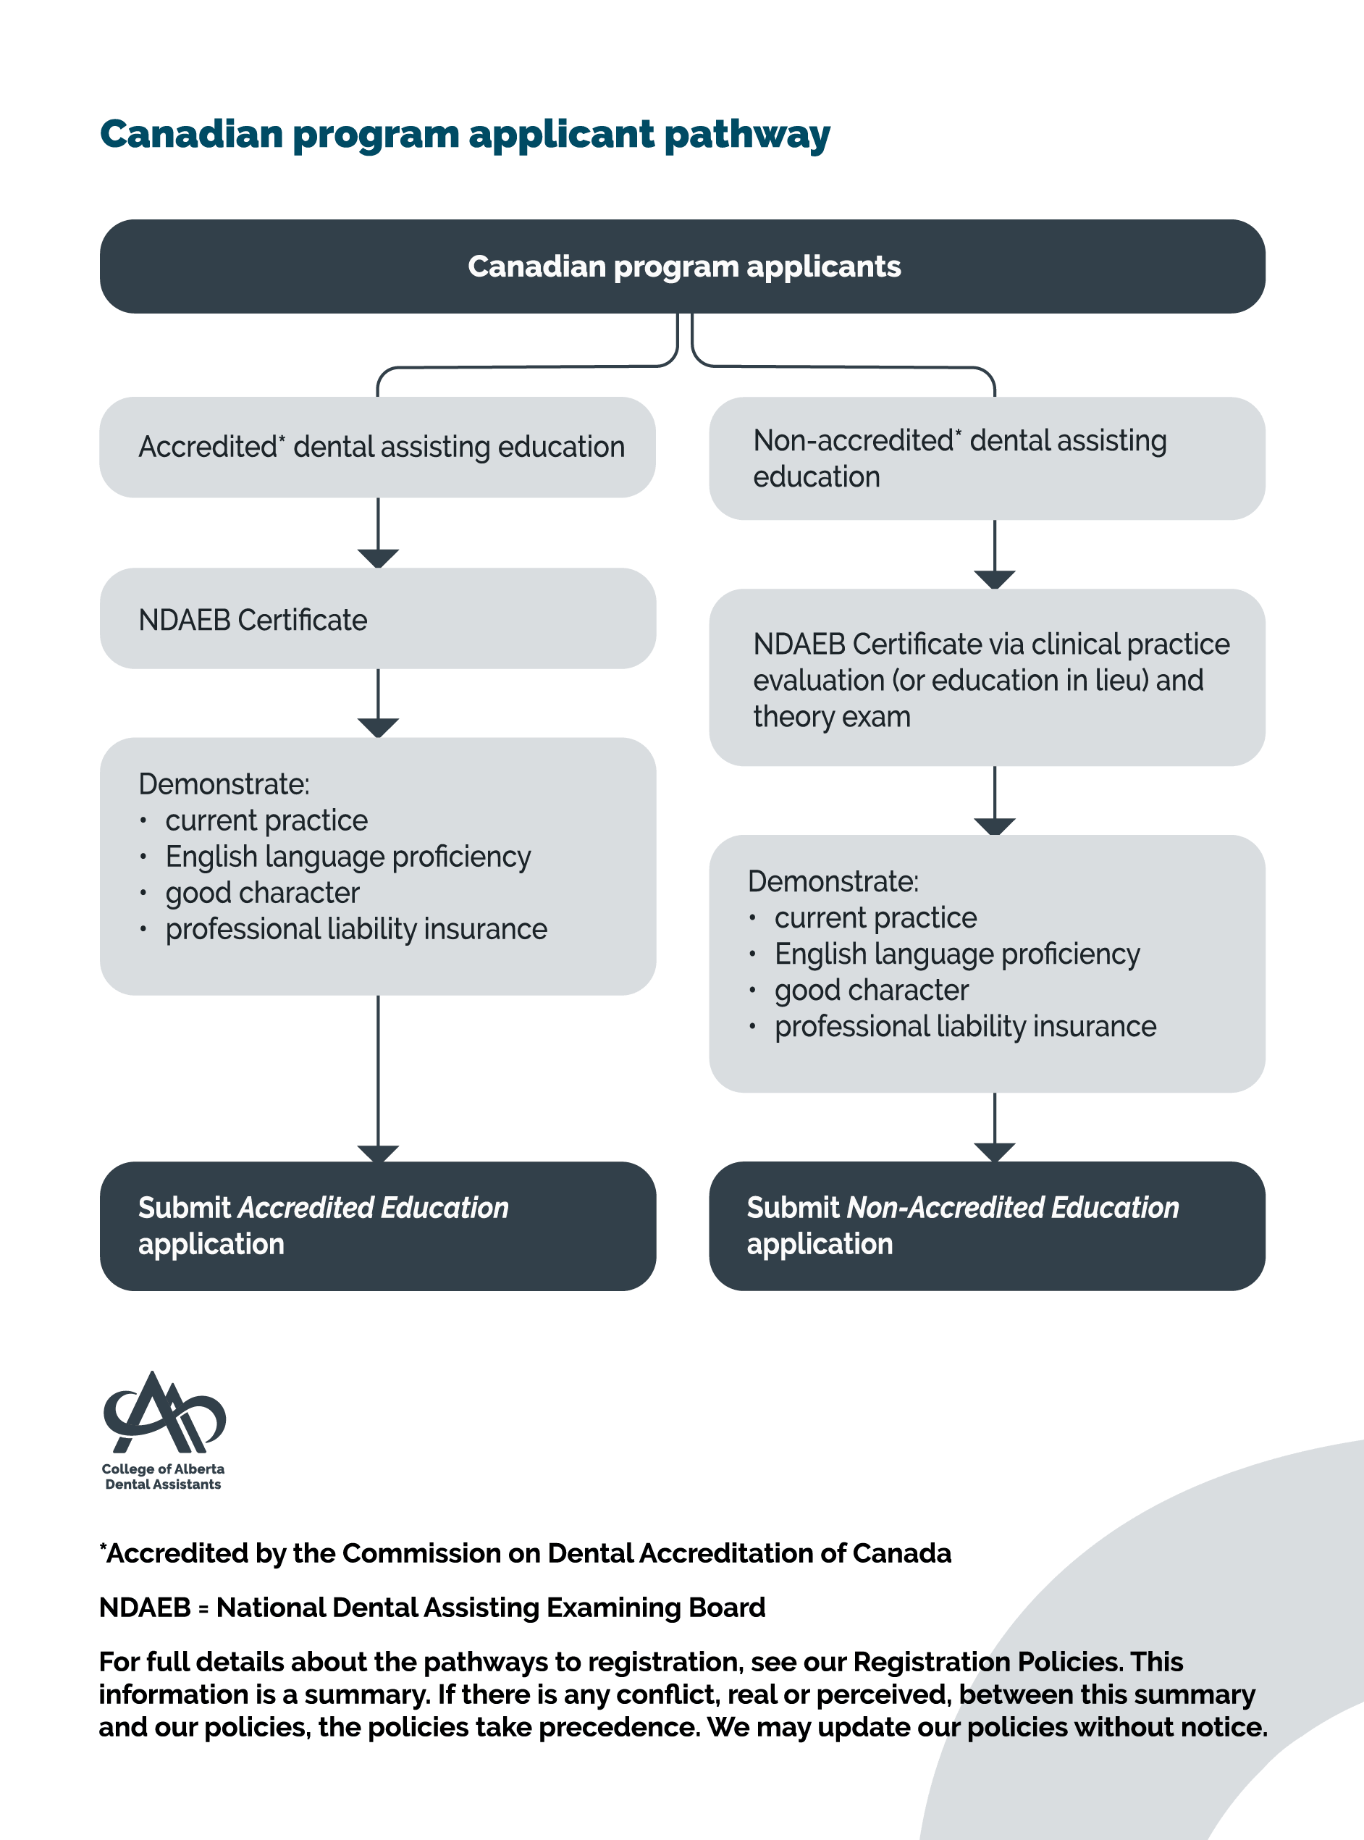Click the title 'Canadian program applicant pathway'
(x=464, y=135)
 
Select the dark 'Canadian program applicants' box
(x=682, y=266)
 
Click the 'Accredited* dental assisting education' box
(x=377, y=447)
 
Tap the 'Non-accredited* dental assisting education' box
(x=986, y=458)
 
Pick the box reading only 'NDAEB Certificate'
(x=377, y=618)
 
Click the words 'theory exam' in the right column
(x=831, y=717)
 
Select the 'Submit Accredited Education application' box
(x=377, y=1225)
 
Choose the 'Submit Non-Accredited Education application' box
(x=986, y=1225)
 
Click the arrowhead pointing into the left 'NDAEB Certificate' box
(x=378, y=558)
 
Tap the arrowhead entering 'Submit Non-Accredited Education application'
(x=994, y=1151)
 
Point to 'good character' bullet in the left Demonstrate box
(x=262, y=893)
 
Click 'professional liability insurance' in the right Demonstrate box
(x=964, y=1027)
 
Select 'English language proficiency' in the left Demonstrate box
(x=348, y=857)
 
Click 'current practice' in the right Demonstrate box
(x=875, y=917)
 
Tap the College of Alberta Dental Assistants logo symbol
(x=164, y=1414)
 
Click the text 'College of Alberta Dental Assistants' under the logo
(x=163, y=1476)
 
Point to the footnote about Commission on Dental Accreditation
(x=525, y=1553)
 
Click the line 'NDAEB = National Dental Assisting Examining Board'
(x=431, y=1607)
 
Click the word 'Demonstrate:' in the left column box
(x=224, y=784)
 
